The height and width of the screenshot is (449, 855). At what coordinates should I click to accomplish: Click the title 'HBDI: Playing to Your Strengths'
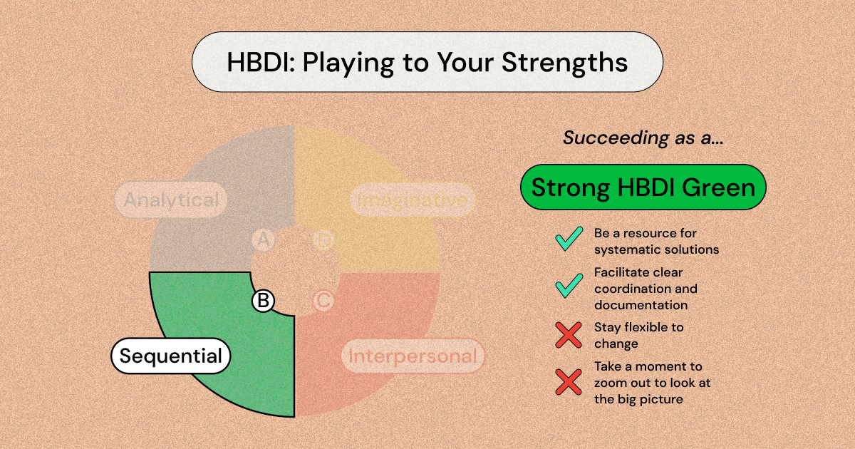(427, 62)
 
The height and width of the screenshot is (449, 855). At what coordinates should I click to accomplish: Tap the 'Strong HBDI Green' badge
(643, 187)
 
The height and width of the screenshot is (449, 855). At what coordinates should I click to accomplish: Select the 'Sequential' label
(170, 356)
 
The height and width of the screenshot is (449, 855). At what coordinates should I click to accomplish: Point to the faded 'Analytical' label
(171, 200)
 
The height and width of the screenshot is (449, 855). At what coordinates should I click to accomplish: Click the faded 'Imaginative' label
(413, 200)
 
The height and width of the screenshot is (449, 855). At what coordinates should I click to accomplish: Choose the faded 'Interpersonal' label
(413, 356)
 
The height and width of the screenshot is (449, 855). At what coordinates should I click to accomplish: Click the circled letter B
(263, 301)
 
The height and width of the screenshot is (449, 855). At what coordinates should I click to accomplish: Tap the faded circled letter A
(263, 241)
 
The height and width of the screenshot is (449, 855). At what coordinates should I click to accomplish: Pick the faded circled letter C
(323, 301)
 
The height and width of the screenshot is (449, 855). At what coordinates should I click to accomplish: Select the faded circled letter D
(323, 241)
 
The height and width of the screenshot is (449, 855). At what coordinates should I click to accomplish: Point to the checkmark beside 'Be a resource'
(569, 240)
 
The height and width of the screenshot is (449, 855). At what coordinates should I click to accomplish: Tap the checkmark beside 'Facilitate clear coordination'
(569, 286)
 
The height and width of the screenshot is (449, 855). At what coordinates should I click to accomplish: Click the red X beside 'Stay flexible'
(569, 335)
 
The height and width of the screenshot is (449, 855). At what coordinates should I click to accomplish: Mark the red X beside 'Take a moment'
(569, 382)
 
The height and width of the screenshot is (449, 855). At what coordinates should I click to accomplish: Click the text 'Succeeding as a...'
(643, 138)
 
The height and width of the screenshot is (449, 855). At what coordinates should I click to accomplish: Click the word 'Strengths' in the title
(564, 62)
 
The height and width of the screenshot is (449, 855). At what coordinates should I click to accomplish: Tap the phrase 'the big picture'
(638, 399)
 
